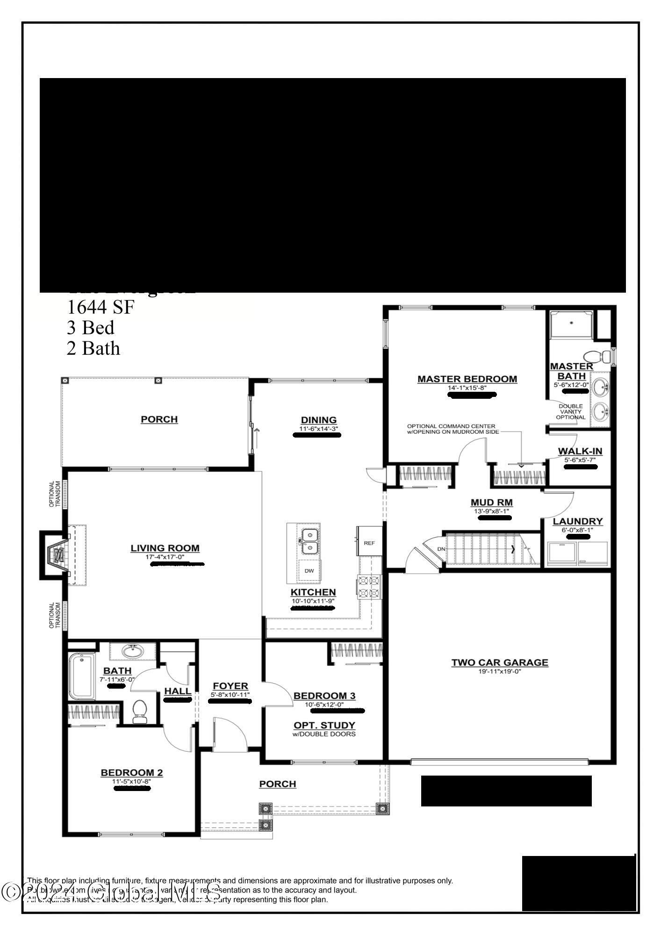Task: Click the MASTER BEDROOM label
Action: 467,379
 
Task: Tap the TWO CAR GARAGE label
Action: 500,662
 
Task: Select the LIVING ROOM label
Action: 165,548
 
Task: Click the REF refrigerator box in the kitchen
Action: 369,543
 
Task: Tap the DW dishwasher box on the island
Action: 309,571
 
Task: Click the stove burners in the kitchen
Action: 369,587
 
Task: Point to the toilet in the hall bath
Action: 140,711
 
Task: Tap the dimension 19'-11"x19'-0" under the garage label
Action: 499,672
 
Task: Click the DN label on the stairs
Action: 441,549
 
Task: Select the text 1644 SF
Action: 101,307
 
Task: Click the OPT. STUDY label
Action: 324,725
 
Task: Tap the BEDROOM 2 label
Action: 132,773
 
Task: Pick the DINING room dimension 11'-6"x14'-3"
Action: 319,428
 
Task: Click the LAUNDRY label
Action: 578,521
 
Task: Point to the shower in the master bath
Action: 571,324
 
